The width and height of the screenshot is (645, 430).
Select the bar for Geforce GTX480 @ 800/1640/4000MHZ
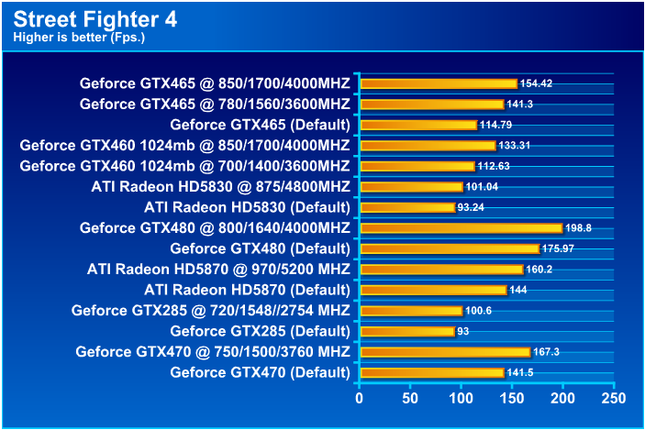462,228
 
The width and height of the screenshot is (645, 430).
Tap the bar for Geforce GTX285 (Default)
408,331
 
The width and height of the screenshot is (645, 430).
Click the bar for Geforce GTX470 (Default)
432,372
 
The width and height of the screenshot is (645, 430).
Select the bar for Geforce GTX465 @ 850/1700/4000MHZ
439,83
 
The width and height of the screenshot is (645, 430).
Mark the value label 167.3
547,352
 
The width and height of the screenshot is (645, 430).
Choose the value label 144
519,290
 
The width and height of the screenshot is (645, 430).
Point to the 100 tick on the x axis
462,399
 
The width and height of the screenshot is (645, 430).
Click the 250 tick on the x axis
613,399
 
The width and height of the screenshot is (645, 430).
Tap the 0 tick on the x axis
360,399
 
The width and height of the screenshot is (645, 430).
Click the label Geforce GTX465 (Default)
260,125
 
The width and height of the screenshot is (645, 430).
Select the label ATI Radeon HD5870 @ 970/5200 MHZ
218,270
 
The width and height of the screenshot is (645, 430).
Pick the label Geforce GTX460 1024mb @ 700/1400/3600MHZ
184,166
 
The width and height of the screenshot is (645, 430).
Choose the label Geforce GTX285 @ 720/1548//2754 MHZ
210,311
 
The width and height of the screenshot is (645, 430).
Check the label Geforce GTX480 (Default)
260,248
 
